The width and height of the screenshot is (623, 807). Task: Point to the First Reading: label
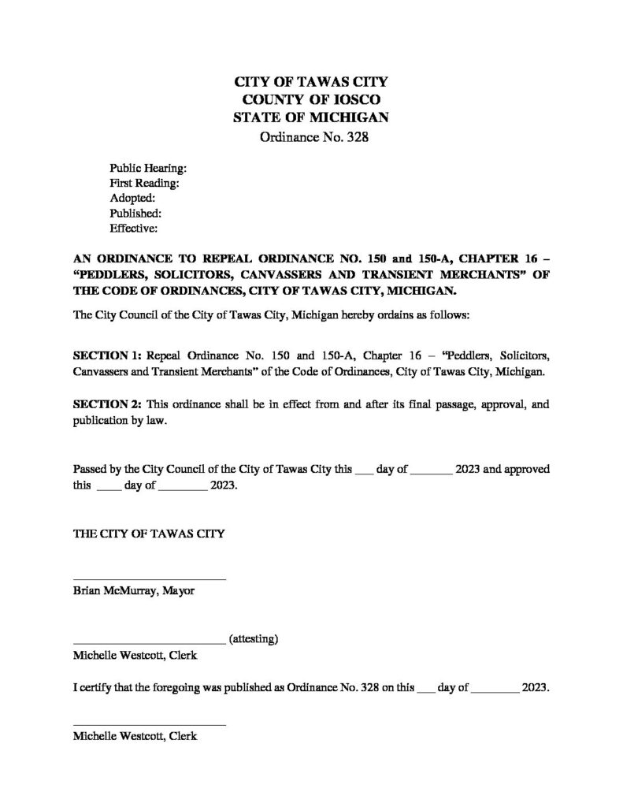[145, 184]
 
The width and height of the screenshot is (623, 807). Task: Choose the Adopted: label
[132, 199]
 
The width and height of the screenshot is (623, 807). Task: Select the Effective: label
[134, 229]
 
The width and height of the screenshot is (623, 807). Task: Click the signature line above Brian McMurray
[150, 580]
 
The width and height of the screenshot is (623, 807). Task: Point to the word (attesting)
[253, 639]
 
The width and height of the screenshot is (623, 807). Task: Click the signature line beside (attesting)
[150, 643]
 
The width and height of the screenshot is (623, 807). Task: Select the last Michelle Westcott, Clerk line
[135, 736]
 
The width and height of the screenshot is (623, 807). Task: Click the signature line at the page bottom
[150, 725]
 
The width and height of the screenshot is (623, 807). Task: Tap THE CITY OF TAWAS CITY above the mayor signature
[149, 534]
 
